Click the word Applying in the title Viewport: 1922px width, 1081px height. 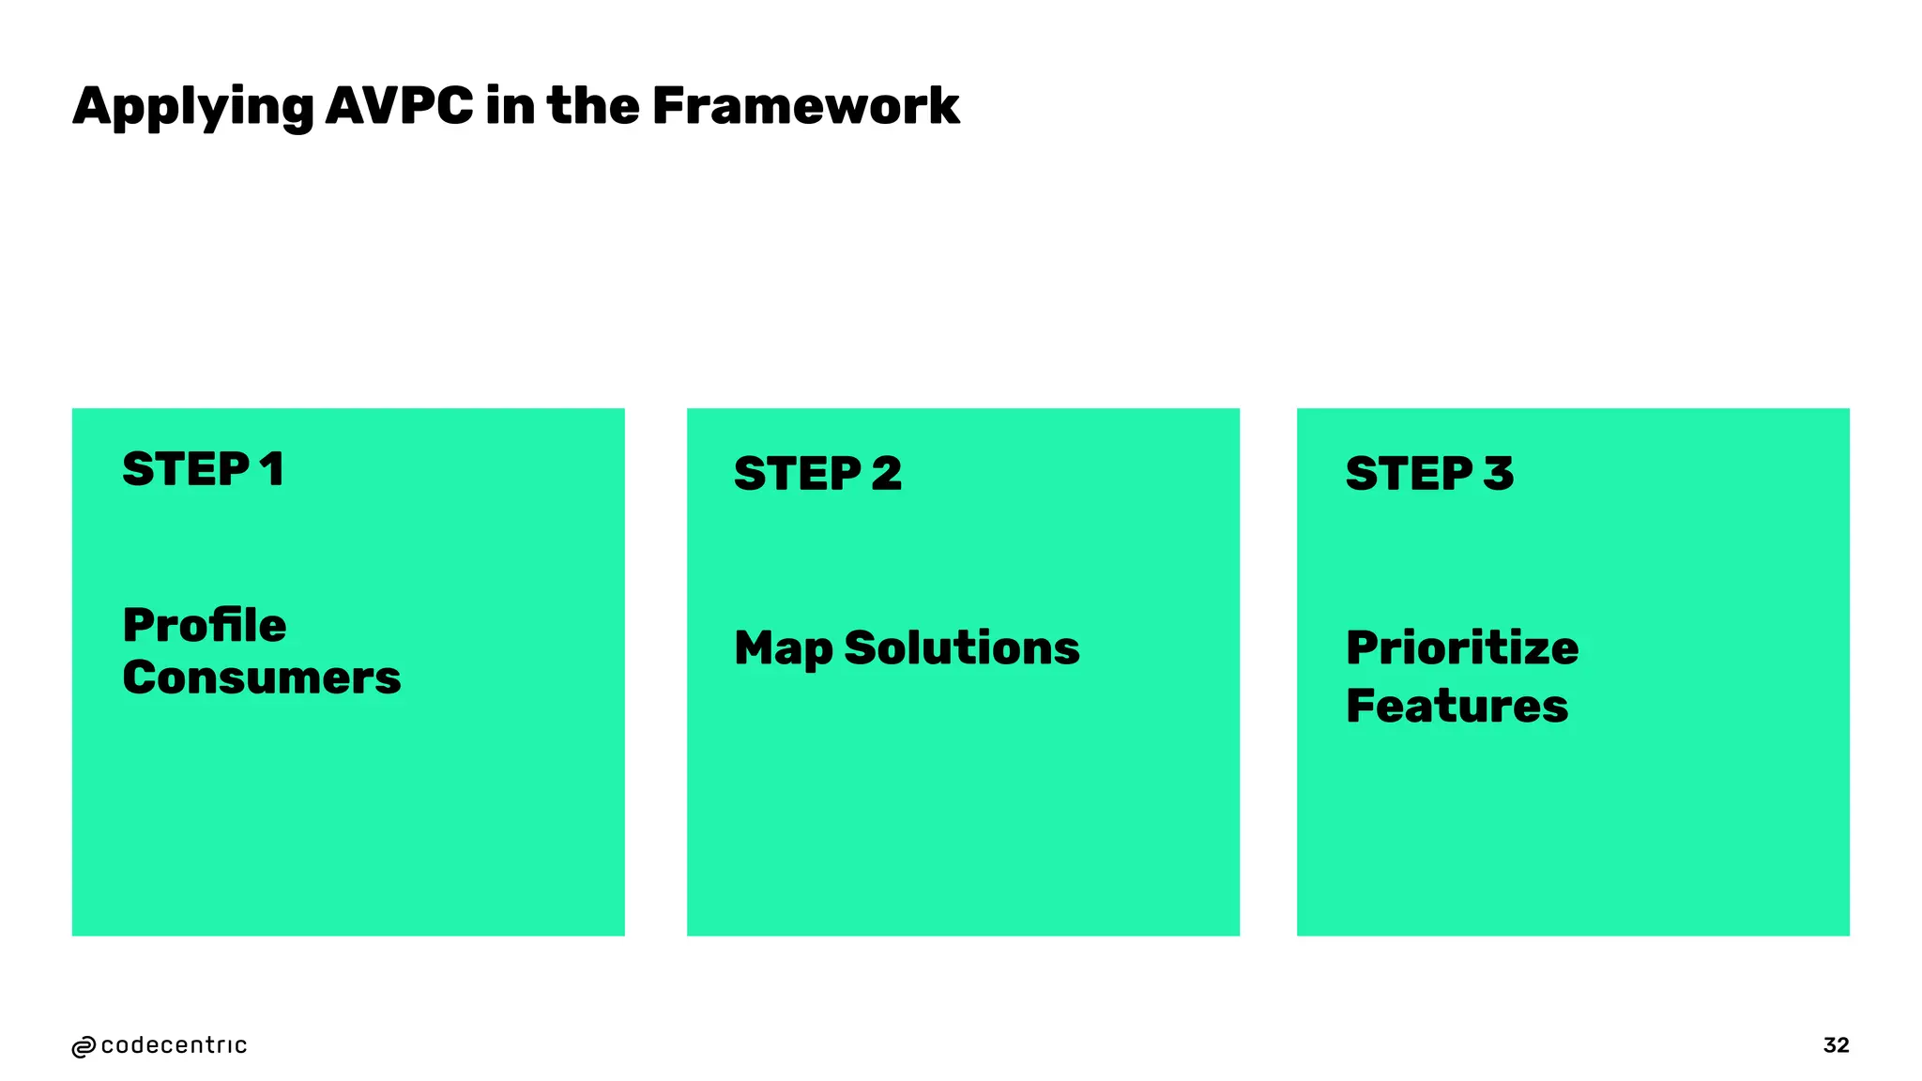[x=192, y=107]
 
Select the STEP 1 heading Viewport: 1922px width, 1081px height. [x=203, y=469]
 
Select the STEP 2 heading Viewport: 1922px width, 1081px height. [x=817, y=473]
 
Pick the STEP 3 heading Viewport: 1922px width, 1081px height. [x=1429, y=473]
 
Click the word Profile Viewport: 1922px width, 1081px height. [x=205, y=625]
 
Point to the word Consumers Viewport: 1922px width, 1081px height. [x=261, y=678]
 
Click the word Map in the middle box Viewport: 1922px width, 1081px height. [x=783, y=649]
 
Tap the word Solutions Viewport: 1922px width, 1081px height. [x=962, y=647]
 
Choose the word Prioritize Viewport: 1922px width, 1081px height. [x=1462, y=647]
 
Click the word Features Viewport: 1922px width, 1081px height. [x=1457, y=706]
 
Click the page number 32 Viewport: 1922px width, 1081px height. [x=1836, y=1045]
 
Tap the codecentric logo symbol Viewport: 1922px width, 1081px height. [x=84, y=1047]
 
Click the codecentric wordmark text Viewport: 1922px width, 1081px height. [x=174, y=1045]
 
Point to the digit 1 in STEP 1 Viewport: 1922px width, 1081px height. [x=272, y=469]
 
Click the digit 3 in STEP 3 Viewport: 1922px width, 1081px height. [x=1499, y=473]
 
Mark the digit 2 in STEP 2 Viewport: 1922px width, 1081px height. [x=886, y=473]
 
